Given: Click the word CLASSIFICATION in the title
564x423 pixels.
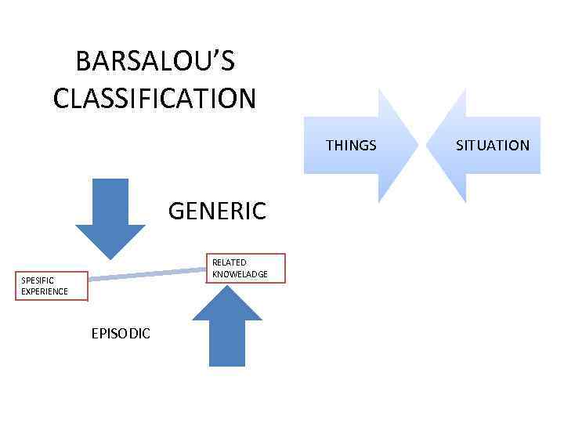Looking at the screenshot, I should (x=155, y=99).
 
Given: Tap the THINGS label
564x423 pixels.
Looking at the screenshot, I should (x=351, y=145).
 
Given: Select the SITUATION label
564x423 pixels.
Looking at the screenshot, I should (x=493, y=145).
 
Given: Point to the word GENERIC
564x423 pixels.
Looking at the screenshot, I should (x=217, y=211).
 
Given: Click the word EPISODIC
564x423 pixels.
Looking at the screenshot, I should (x=121, y=334).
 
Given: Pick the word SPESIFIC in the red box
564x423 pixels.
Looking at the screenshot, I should (x=38, y=280).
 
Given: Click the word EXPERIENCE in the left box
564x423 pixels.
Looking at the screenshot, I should (x=45, y=291).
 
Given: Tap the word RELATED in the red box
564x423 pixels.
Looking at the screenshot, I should (x=230, y=262).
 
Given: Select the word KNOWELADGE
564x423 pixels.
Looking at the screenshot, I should (x=240, y=273).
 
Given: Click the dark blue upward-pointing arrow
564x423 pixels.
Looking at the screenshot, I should (x=227, y=325).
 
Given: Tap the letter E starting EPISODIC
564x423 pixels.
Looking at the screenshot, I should (x=95, y=334).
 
